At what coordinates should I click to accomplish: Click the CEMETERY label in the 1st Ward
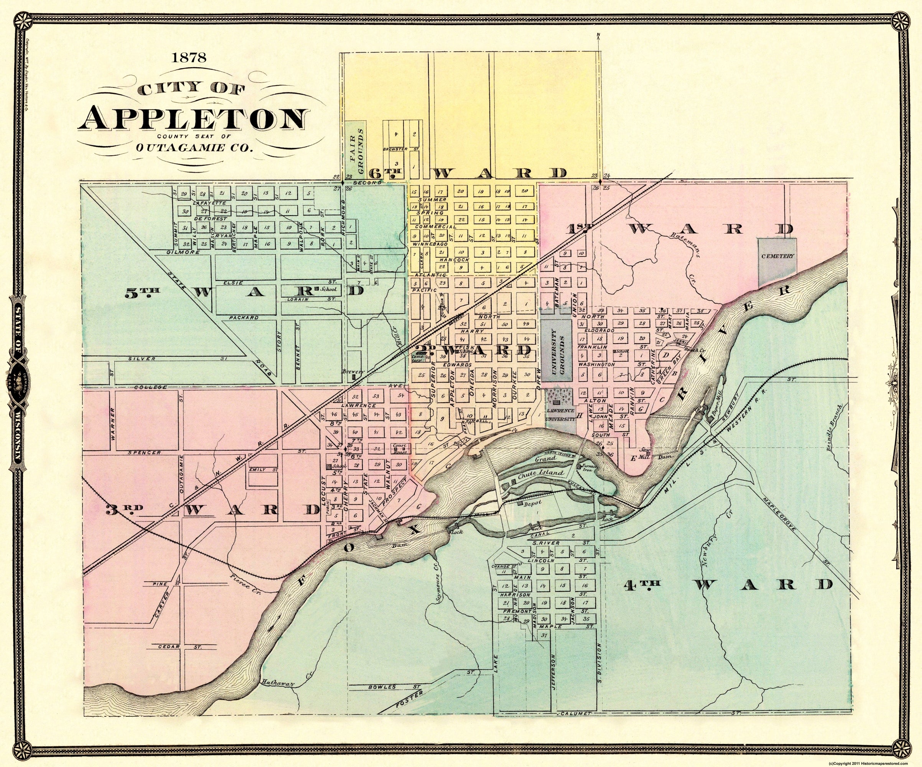coord(777,255)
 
